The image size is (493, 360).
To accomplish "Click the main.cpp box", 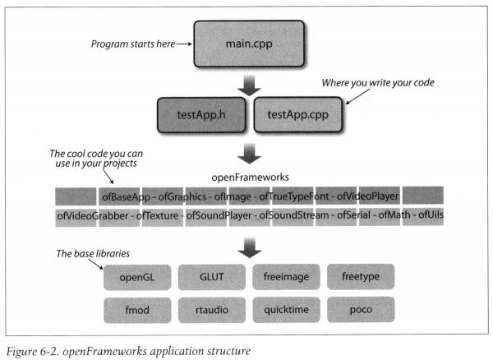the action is click(x=249, y=44).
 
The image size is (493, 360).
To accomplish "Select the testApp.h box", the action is click(x=201, y=115).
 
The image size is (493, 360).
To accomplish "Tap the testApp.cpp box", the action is click(x=297, y=114).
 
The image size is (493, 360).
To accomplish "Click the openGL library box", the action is click(x=137, y=277).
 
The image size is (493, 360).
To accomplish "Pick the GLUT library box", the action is click(x=212, y=277).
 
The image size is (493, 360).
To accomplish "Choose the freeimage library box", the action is click(x=286, y=277).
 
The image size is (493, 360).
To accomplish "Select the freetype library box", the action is click(x=361, y=277).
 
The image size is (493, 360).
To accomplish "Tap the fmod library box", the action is click(x=137, y=311).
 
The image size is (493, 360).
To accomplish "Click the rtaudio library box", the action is click(x=212, y=310).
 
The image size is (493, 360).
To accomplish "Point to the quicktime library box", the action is click(x=287, y=310).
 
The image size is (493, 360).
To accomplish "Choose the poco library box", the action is click(x=361, y=309).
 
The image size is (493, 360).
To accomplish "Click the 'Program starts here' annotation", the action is click(x=133, y=44).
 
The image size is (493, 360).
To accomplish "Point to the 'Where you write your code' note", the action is click(x=378, y=83).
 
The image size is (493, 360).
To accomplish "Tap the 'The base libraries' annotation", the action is click(x=93, y=253).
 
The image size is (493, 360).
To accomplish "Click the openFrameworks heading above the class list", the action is click(x=250, y=178).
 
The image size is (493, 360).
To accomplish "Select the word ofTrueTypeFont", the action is click(x=293, y=196).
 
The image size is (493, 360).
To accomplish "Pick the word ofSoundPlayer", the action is click(x=219, y=215).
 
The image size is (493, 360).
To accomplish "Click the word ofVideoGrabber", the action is click(x=93, y=215).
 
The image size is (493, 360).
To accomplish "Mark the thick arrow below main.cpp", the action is click(x=249, y=85).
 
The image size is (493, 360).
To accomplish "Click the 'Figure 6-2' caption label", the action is click(x=33, y=351).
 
